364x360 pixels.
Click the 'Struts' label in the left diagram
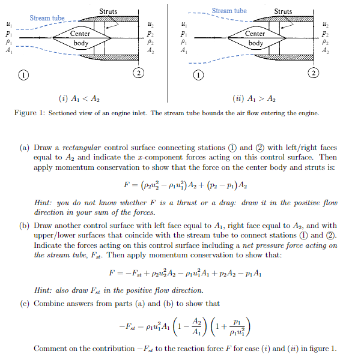(x=108, y=11)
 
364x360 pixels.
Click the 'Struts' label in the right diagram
(x=283, y=11)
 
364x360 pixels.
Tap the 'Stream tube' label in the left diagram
(x=47, y=18)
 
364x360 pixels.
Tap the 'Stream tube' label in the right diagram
(x=229, y=11)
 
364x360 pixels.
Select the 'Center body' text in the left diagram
(x=80, y=38)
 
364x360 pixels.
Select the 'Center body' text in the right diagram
(x=255, y=38)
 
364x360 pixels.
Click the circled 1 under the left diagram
(x=23, y=75)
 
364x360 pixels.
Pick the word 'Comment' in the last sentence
(x=50, y=349)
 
